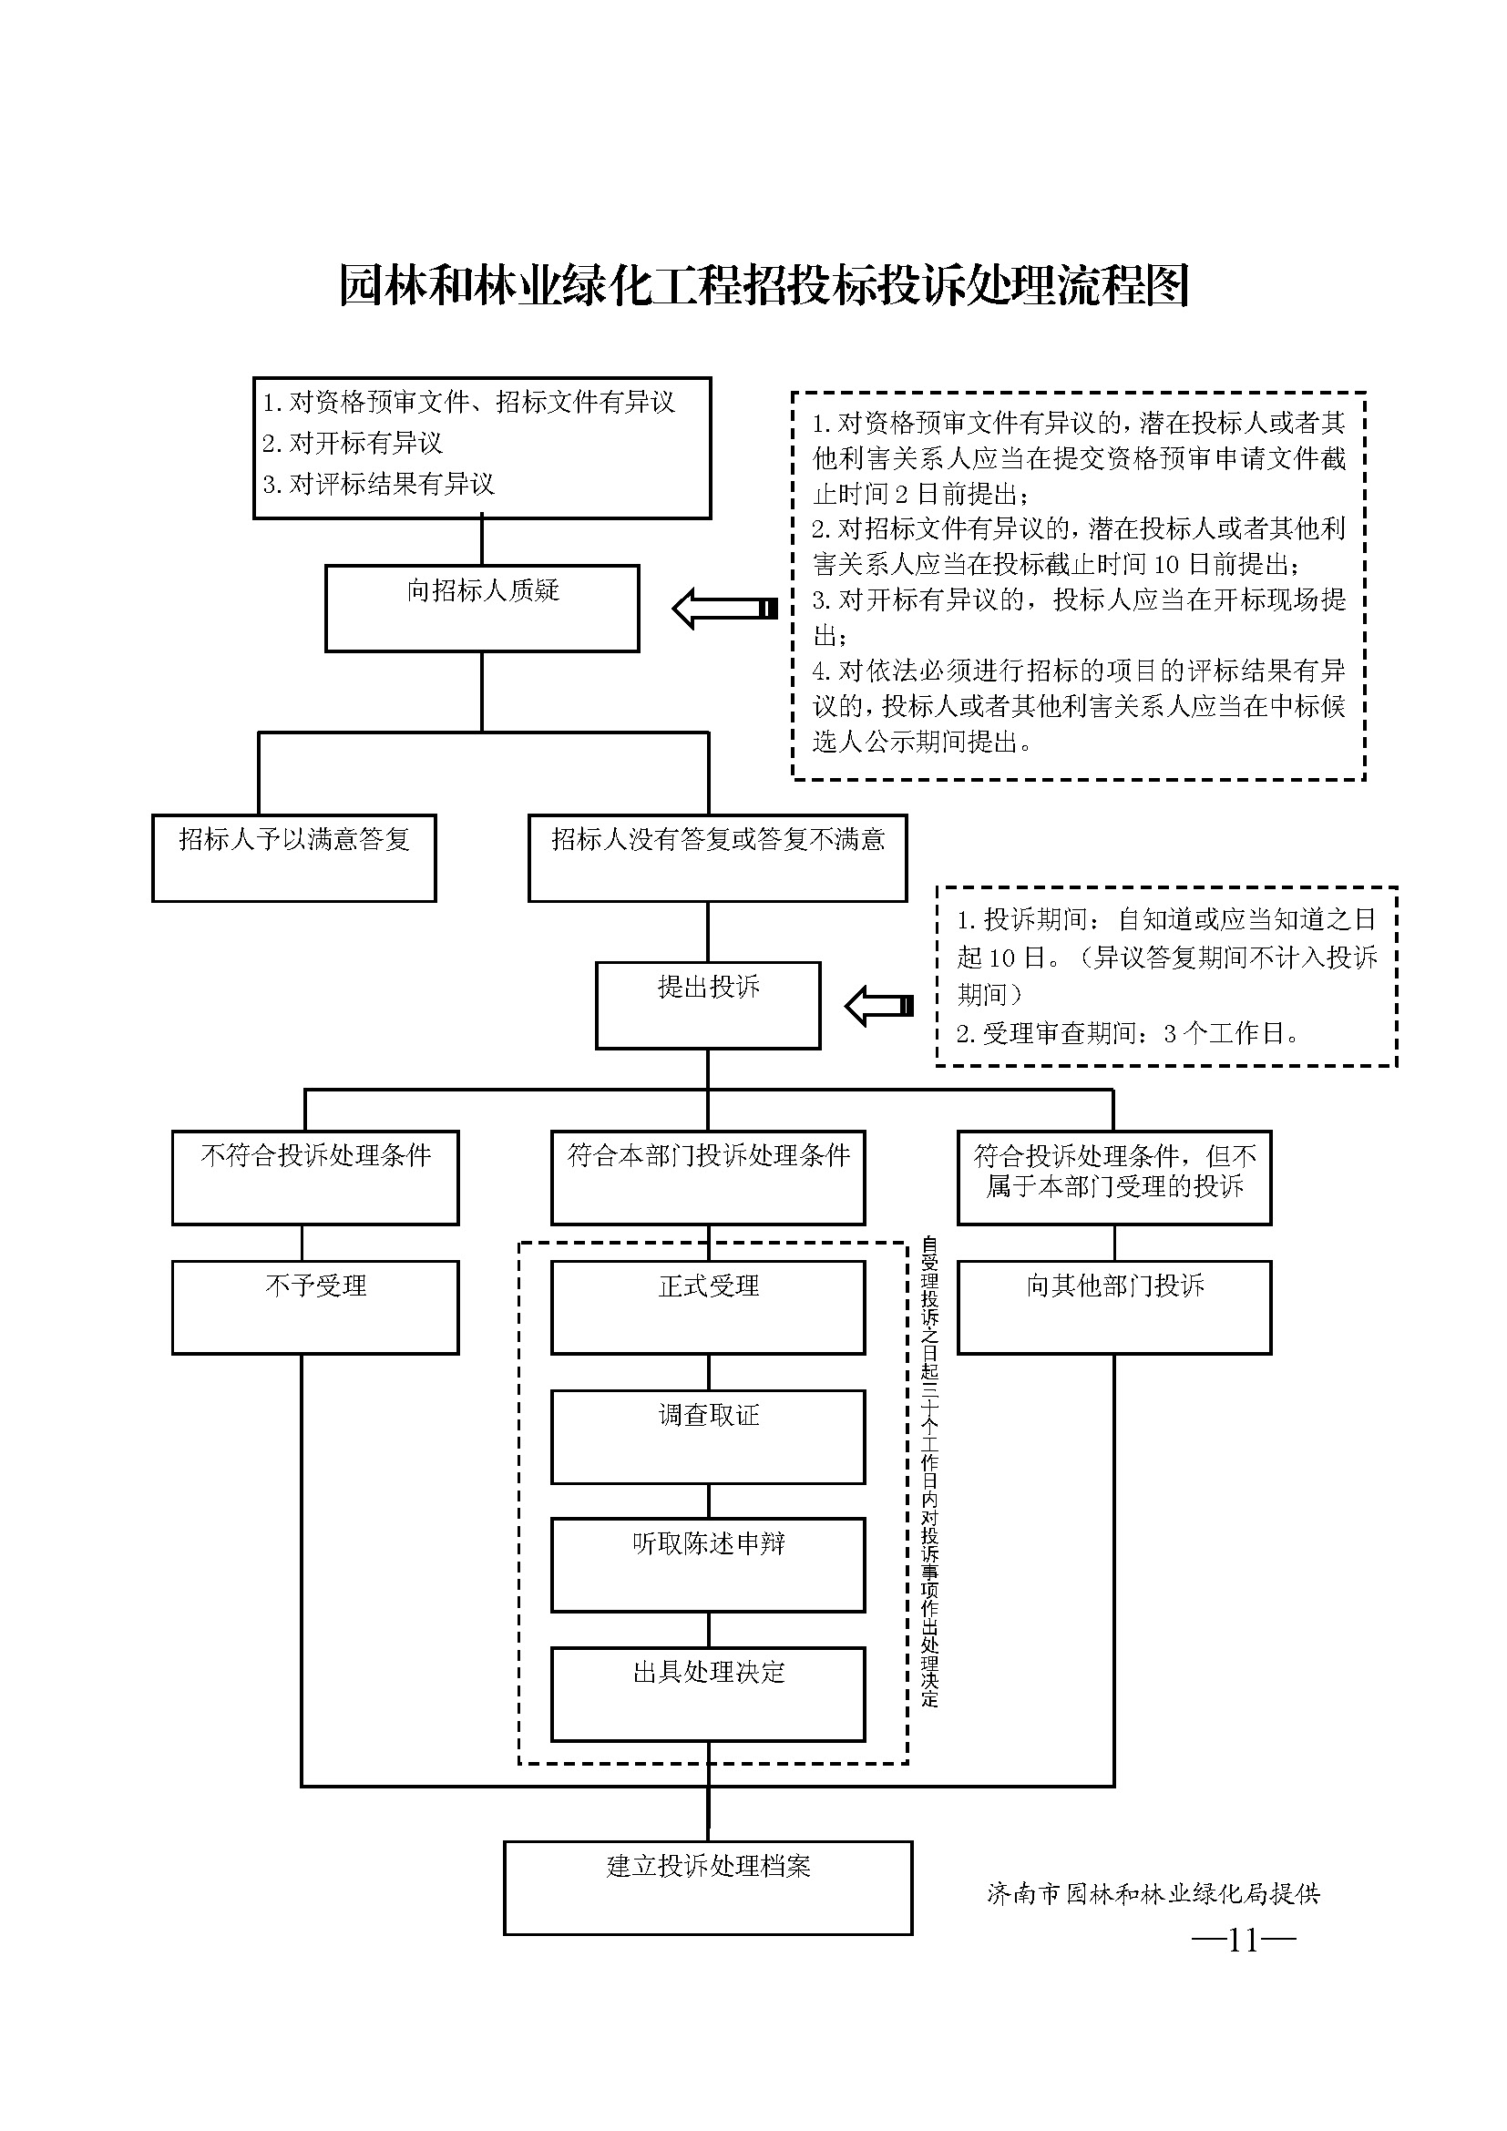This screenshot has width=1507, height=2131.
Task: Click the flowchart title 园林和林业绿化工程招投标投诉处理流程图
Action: coord(764,285)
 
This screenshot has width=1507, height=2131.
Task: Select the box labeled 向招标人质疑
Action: coord(482,608)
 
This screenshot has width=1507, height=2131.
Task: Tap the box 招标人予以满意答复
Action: coord(294,857)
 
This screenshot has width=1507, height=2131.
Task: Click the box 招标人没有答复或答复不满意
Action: coord(717,857)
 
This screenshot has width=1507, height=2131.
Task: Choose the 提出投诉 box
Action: coord(708,1005)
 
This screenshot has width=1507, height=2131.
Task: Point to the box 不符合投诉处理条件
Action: coord(315,1177)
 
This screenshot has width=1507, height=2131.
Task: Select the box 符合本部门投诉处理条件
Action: coord(708,1177)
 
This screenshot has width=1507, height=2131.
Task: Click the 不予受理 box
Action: coord(315,1306)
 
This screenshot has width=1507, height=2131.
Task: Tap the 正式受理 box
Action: coord(708,1306)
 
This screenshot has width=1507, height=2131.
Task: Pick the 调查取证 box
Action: coord(708,1437)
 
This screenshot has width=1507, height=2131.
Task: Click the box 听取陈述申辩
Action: coord(708,1565)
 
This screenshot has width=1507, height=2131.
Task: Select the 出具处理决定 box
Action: coord(708,1694)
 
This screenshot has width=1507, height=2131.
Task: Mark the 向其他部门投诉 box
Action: coord(1114,1306)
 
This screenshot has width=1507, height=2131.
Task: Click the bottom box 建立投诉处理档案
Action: coord(708,1888)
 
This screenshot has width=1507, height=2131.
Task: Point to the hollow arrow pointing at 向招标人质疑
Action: coord(724,609)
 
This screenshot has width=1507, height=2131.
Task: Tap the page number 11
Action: coord(1244,1940)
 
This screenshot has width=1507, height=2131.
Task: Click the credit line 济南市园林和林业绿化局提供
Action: coord(1153,1893)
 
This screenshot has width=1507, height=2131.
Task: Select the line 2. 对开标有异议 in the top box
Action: coord(353,443)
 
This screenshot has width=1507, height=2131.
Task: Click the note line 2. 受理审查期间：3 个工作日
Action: coord(1127,1032)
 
